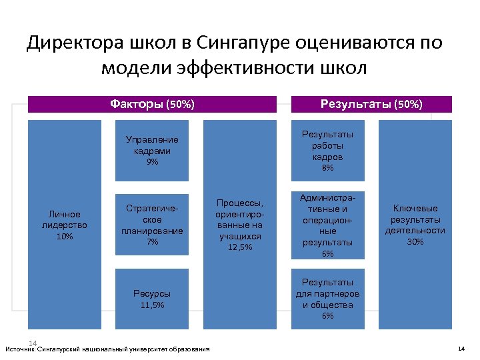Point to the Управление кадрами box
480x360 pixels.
tap(152, 150)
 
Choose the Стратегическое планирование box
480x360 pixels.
tap(152, 223)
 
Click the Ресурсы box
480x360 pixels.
tap(152, 299)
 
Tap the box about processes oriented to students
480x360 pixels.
tap(239, 225)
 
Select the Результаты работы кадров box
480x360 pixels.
tap(327, 150)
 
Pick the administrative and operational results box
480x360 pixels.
tap(327, 225)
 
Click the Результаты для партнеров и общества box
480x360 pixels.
tap(327, 299)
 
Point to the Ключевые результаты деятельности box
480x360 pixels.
tap(414, 225)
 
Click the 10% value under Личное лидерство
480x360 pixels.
tap(65, 237)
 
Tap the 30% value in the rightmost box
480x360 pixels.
tap(415, 242)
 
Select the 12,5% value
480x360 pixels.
tap(239, 247)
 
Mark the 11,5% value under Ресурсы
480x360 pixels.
tap(152, 305)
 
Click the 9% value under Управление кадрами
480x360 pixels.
tap(152, 162)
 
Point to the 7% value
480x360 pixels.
tap(152, 242)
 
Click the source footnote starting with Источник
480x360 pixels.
tap(107, 349)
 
